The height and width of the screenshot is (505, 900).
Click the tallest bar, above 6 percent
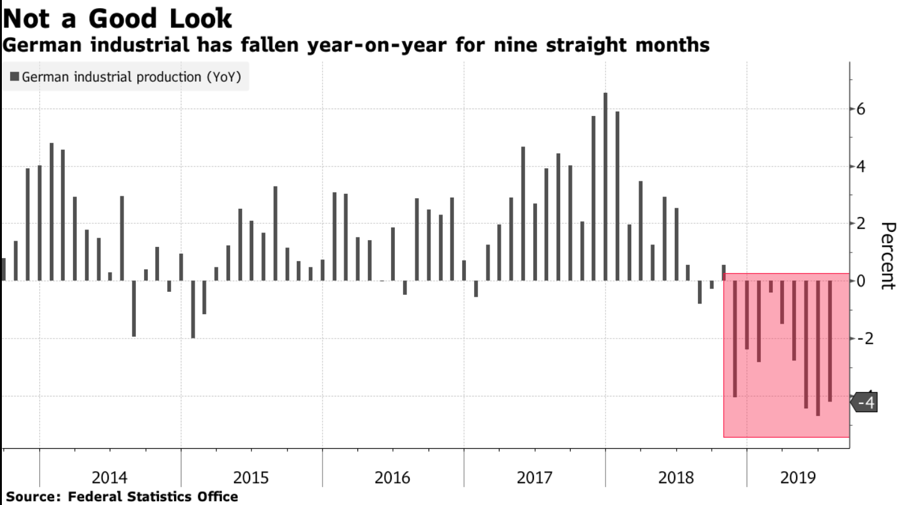point(605,187)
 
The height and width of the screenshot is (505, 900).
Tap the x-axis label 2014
point(110,478)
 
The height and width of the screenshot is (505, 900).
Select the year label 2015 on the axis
point(251,478)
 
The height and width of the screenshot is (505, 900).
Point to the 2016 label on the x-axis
point(392,478)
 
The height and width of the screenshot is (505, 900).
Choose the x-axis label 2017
point(535,478)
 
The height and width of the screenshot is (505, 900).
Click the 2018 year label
point(676,478)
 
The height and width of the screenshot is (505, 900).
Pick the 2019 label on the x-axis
point(798,478)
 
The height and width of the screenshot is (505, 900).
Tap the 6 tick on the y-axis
point(862,110)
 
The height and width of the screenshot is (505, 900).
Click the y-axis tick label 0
point(862,281)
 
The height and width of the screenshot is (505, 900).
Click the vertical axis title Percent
point(887,256)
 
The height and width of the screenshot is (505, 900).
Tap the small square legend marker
point(14,77)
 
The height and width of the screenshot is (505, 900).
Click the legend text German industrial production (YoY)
point(131,77)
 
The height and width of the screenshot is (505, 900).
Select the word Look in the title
point(198,19)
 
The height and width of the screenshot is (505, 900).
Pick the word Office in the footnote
point(215,497)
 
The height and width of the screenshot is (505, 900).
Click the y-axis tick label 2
point(862,224)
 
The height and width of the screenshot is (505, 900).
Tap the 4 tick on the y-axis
point(862,167)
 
